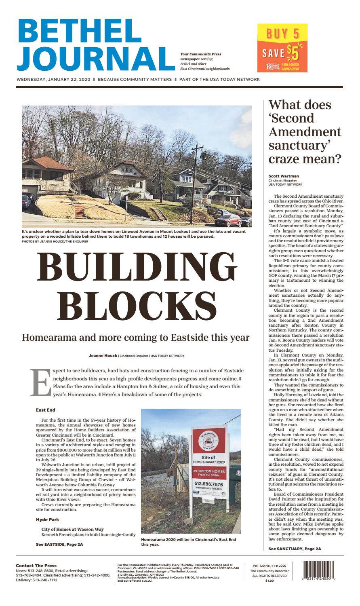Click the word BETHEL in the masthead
tap(78, 31)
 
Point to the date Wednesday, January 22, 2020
tap(54, 80)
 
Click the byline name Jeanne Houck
tap(103, 356)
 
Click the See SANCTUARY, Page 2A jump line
tap(295, 549)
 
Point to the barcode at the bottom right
tap(321, 572)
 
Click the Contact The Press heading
tap(36, 566)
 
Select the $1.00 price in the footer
tap(269, 581)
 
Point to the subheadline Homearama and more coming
tap(135, 337)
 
